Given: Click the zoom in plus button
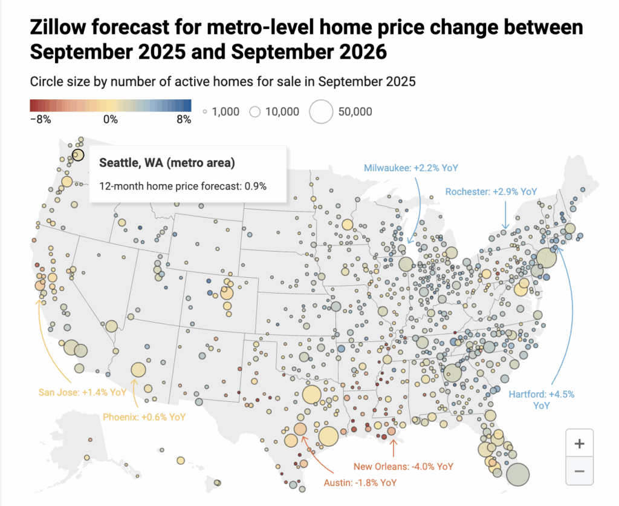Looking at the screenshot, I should pyautogui.click(x=579, y=444).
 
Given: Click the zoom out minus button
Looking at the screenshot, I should pyautogui.click(x=579, y=470).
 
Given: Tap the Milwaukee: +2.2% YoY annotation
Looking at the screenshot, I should pyautogui.click(x=403, y=168).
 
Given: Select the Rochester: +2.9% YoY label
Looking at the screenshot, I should pyautogui.click(x=491, y=191).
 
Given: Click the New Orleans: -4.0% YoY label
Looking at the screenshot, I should pyautogui.click(x=403, y=467).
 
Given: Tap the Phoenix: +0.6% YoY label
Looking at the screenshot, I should pyautogui.click(x=143, y=417).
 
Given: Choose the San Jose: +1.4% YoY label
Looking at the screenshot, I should pyautogui.click(x=73, y=392).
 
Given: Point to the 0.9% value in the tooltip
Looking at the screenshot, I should pyautogui.click(x=256, y=186).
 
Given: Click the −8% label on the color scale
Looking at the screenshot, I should pyautogui.click(x=40, y=119).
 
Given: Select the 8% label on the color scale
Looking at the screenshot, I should pyautogui.click(x=184, y=119).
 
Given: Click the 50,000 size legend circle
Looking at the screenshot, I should pyautogui.click(x=322, y=111).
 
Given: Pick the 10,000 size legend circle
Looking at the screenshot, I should pyautogui.click(x=254, y=111).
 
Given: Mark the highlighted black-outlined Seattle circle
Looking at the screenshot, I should pyautogui.click(x=78, y=155).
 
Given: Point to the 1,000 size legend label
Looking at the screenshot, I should pyautogui.click(x=225, y=111).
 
